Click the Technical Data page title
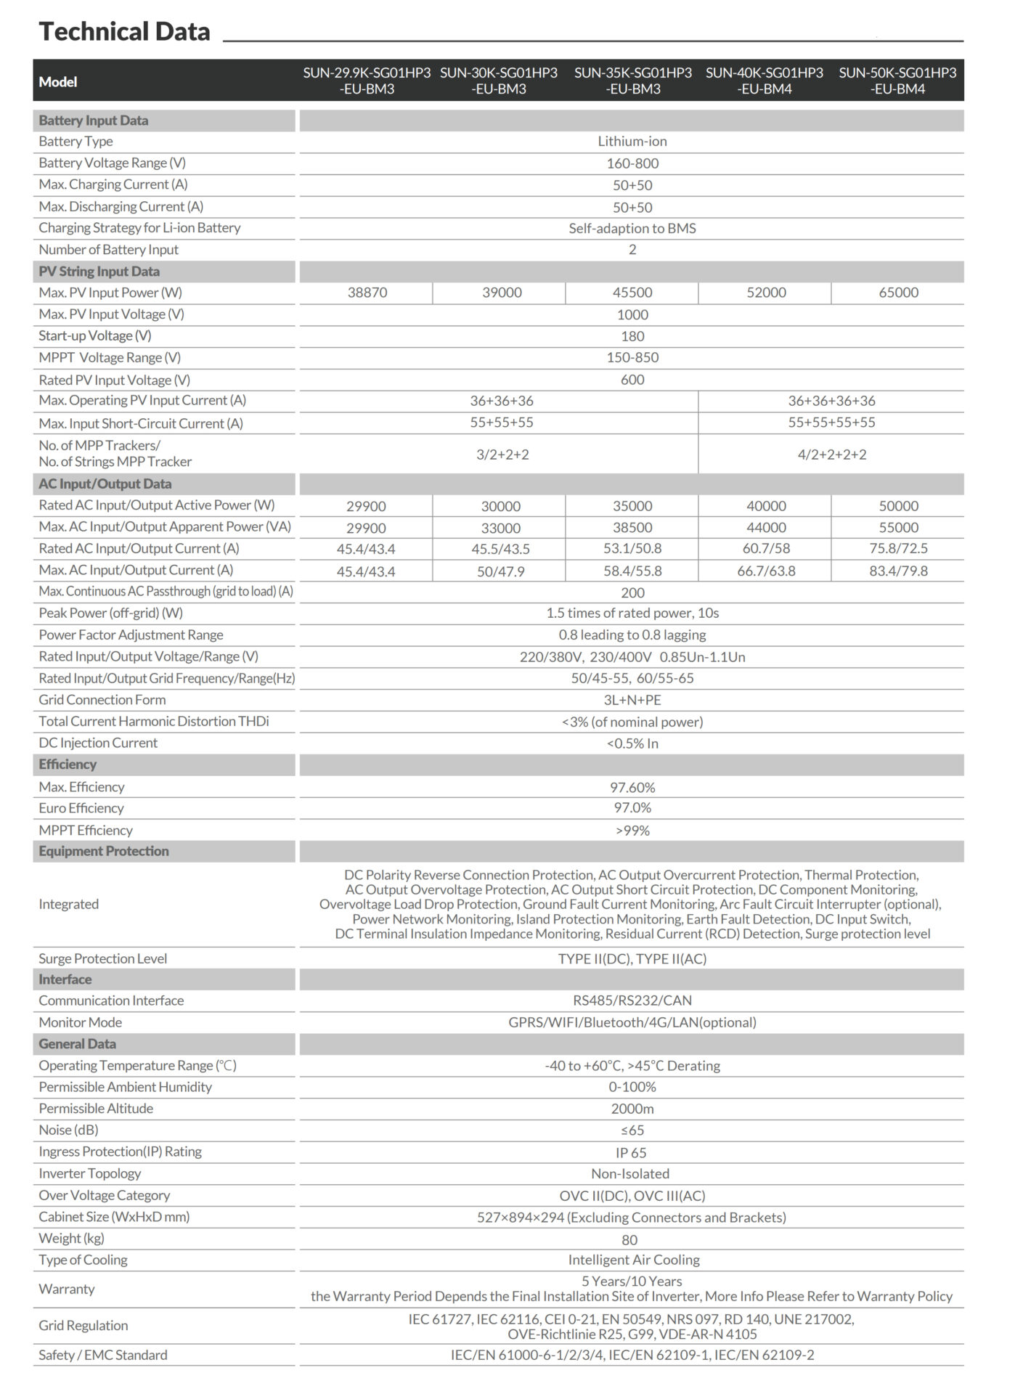click(x=124, y=31)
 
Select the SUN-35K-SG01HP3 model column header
click(x=632, y=81)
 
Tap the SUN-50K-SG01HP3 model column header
click(x=897, y=81)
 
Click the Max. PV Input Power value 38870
click(x=367, y=293)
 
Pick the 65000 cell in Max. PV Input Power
click(x=898, y=293)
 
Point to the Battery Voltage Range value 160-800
click(x=632, y=163)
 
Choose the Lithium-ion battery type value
click(x=632, y=142)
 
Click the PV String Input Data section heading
click(x=99, y=272)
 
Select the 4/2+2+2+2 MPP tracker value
click(x=831, y=455)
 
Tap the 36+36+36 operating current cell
click(x=502, y=401)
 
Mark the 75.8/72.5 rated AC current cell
click(x=898, y=549)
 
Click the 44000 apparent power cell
click(x=766, y=528)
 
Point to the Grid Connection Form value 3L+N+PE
click(x=632, y=700)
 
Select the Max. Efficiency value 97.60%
click(x=632, y=787)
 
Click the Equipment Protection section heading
click(x=104, y=851)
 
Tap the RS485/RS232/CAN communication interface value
click(x=632, y=1000)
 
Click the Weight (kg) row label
click(x=72, y=1239)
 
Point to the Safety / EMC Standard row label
click(x=103, y=1355)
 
